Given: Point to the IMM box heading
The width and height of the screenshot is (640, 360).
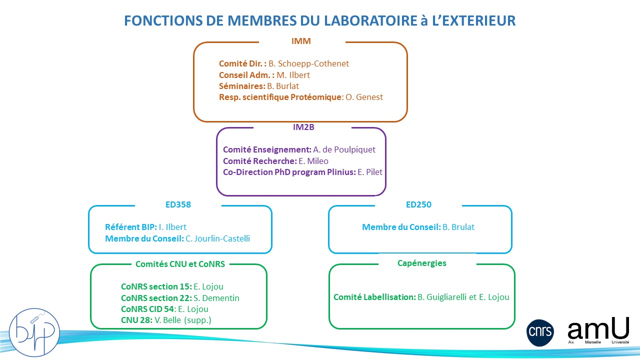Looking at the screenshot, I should [301, 41].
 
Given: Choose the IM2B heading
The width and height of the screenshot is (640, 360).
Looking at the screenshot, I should [303, 127].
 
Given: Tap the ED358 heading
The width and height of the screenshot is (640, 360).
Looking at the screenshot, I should [178, 204].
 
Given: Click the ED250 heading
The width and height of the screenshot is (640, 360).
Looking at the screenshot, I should [418, 204].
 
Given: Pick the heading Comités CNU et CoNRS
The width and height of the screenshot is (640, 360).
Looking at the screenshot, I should [180, 263].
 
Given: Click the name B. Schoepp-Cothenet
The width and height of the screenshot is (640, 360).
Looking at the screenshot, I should [308, 63].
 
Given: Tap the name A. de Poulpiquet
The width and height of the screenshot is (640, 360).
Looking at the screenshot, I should [344, 149].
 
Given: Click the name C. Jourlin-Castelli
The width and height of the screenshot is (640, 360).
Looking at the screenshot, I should [218, 238].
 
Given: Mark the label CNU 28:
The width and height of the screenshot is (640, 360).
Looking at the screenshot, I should [136, 320].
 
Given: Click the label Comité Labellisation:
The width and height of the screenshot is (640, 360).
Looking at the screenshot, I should [374, 297].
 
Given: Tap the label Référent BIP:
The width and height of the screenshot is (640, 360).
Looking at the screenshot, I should [131, 227].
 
